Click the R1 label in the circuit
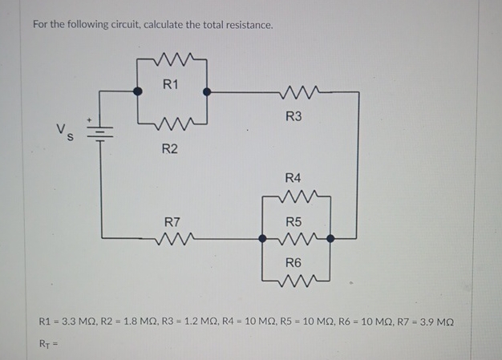pos(170,83)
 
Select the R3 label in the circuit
pos(294,117)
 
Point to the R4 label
pos(294,178)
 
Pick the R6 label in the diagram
pos(294,262)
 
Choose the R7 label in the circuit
pos(172,220)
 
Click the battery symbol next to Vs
pos(101,131)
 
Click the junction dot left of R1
pos(139,92)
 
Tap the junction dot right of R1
pos(208,92)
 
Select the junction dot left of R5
pos(263,237)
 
